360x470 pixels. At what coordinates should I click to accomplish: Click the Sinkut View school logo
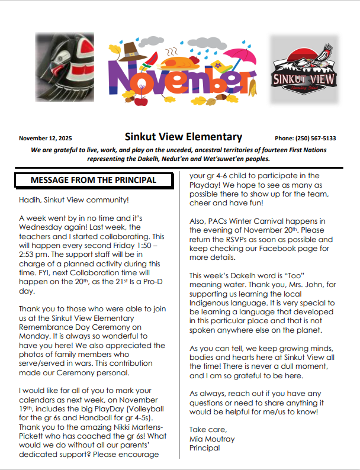pyautogui.click(x=303, y=70)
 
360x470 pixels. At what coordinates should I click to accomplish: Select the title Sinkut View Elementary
pyautogui.click(x=184, y=137)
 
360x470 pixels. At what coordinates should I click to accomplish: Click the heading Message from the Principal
pyautogui.click(x=94, y=180)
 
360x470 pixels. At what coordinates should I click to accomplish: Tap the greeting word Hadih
pyautogui.click(x=30, y=201)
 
